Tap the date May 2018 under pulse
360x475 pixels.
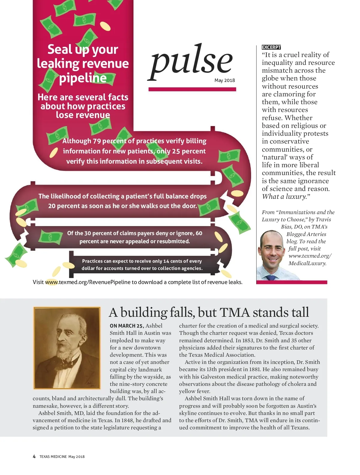point(224,80)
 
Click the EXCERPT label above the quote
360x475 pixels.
point(271,47)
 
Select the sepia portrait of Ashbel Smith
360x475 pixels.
point(67,348)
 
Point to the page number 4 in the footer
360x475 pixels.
point(34,456)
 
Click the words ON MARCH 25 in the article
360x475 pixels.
point(127,326)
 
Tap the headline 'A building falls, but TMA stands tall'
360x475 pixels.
point(208,312)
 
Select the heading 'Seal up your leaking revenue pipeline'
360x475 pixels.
point(83,63)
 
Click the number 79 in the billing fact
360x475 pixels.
point(97,141)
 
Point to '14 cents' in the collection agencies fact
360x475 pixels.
point(172,261)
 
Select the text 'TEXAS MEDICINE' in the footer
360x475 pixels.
point(53,457)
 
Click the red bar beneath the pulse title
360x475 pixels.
point(192,89)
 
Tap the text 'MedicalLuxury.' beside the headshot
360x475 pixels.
point(307,263)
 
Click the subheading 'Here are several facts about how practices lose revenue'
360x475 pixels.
point(83,106)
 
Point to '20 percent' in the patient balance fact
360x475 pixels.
point(62,206)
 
